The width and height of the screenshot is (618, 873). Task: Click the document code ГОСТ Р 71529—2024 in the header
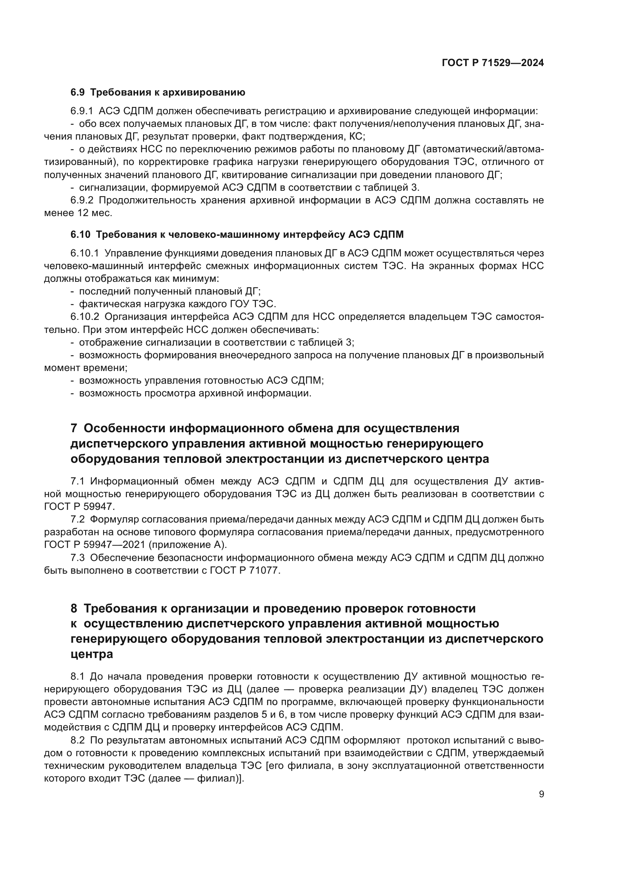click(x=493, y=63)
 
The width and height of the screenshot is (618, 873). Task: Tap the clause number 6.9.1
click(x=81, y=111)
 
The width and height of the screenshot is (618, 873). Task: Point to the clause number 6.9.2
click(x=81, y=200)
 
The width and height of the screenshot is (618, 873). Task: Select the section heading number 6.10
click(x=80, y=235)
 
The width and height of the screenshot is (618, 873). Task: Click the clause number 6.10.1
click(x=84, y=253)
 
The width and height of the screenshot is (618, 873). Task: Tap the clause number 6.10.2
click(x=84, y=317)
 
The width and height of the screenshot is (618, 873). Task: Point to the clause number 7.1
click(x=77, y=481)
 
